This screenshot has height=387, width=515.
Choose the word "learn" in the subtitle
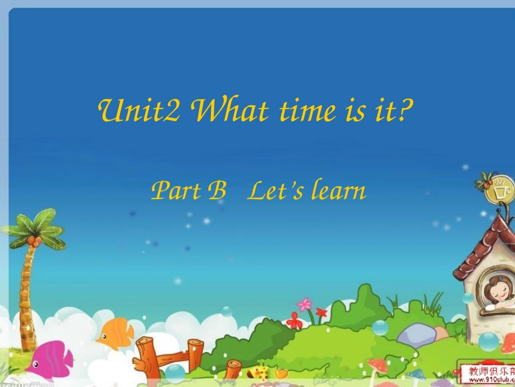[336, 191]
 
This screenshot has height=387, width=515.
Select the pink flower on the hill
[305, 304]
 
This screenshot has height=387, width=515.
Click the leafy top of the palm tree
[34, 231]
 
